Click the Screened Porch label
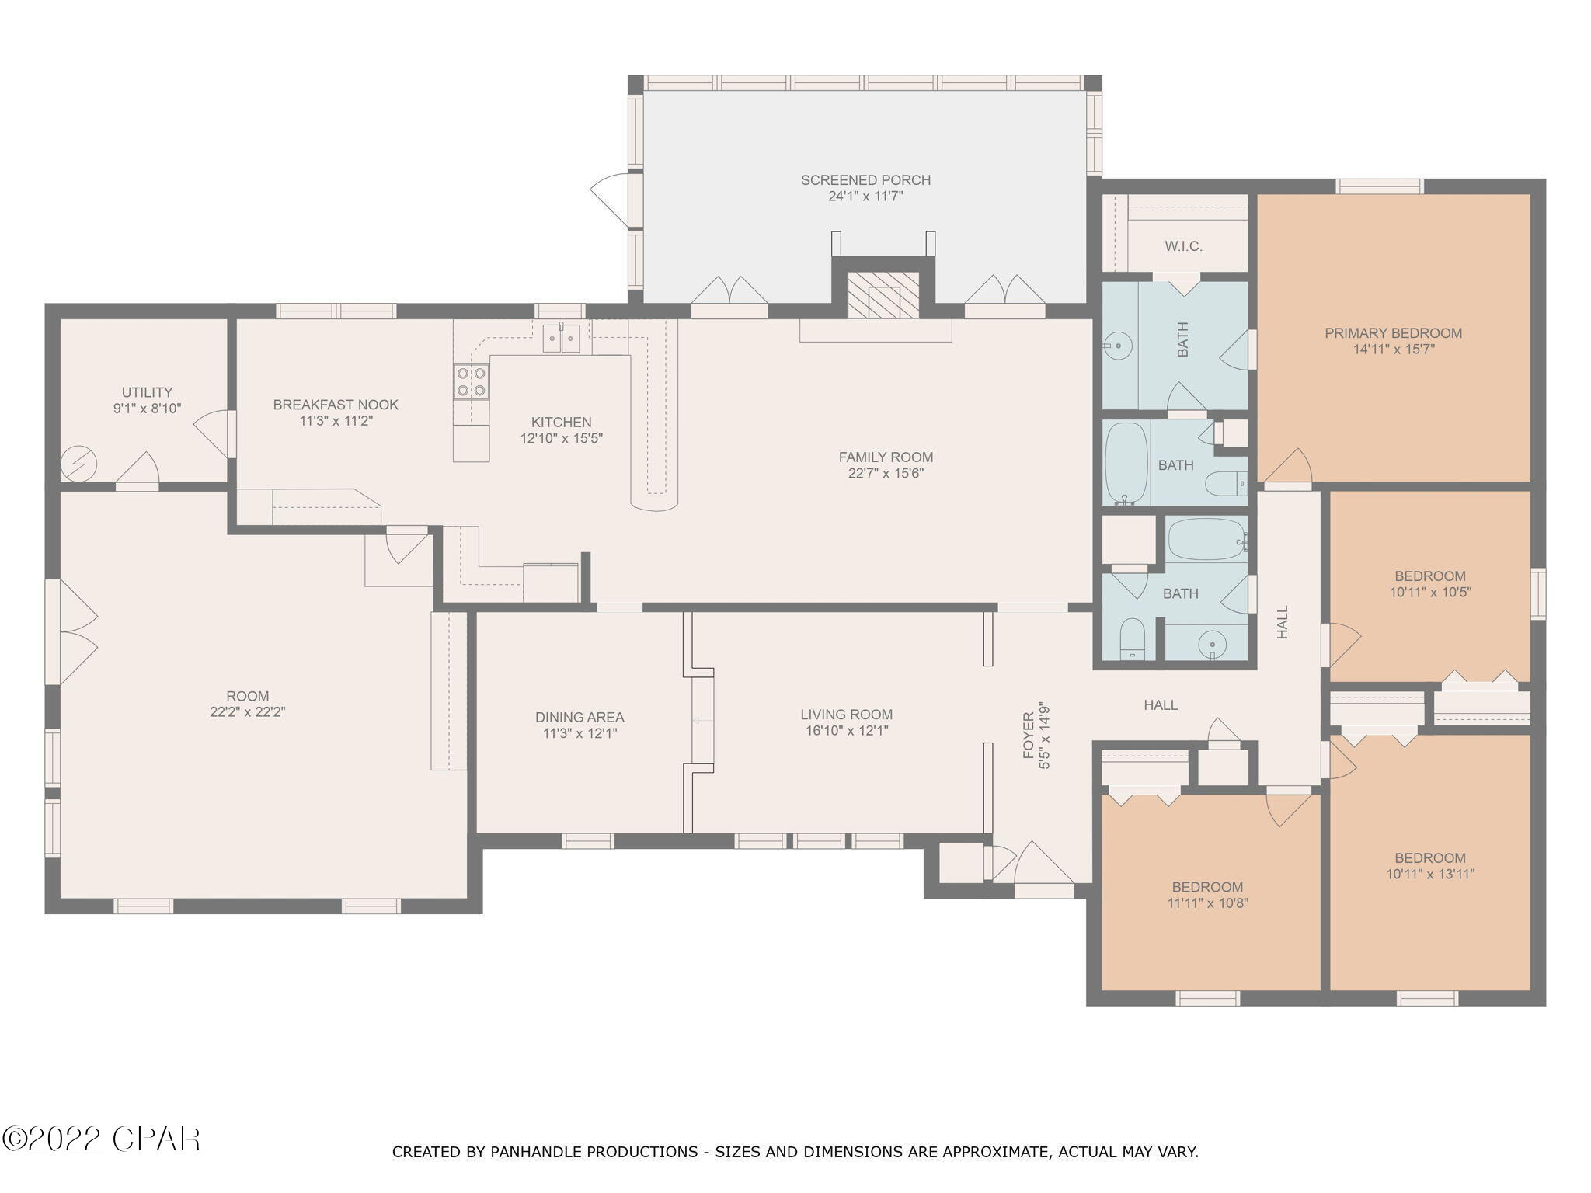coord(865,180)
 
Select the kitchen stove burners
coord(471,381)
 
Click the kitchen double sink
coord(561,339)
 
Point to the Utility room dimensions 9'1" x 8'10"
coord(147,408)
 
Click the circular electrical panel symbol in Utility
coord(79,464)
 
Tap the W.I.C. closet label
coord(1183,246)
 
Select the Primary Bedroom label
coord(1393,333)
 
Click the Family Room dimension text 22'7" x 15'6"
coord(886,473)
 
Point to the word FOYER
coord(1029,735)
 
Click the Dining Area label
coord(580,718)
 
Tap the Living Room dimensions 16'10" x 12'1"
coord(847,731)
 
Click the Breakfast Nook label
coord(336,405)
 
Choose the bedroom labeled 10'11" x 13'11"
coord(1429,866)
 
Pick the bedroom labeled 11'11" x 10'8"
coord(1207,895)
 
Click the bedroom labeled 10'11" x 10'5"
coord(1429,584)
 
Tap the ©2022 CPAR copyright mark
coord(101,1139)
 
